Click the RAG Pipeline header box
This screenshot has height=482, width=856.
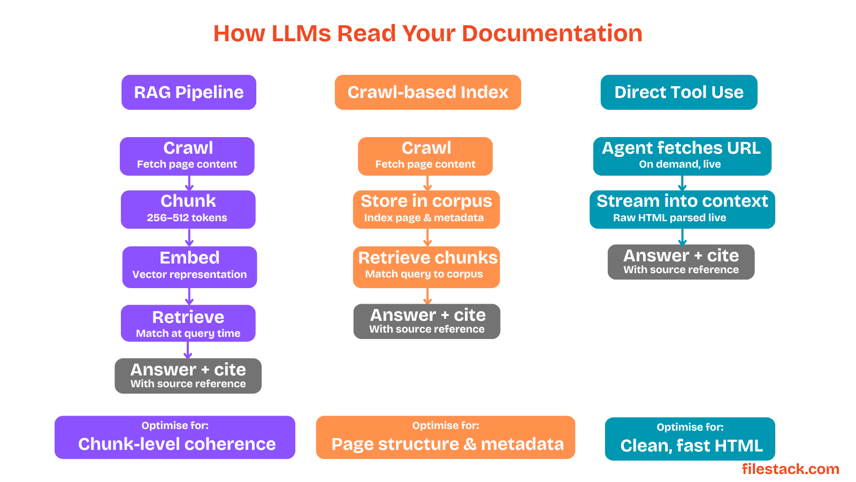[x=189, y=92]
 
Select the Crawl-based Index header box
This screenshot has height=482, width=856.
[x=427, y=92]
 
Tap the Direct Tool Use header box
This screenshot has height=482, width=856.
[x=679, y=92]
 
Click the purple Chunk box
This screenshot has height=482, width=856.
[x=188, y=209]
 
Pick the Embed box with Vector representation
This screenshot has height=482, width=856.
[x=189, y=267]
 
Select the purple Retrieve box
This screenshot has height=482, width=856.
[x=188, y=323]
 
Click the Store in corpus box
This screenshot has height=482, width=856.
[x=426, y=209]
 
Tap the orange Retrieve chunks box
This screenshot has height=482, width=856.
[x=426, y=267]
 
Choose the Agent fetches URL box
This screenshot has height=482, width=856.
[x=682, y=156]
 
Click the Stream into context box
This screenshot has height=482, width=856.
[x=682, y=209]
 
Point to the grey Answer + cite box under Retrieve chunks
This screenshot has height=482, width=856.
[x=427, y=321]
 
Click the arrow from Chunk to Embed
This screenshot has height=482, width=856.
[x=189, y=238]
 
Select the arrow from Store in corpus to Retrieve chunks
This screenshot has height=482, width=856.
[x=427, y=238]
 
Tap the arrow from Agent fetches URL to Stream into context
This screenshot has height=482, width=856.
[x=683, y=183]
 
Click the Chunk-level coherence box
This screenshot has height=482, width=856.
[x=175, y=437]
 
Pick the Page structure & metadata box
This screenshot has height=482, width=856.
[x=446, y=437]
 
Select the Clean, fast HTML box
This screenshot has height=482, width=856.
[x=690, y=439]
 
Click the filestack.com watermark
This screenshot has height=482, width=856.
[x=791, y=469]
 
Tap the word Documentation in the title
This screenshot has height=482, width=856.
[x=552, y=33]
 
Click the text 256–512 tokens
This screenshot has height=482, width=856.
[x=187, y=217]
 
